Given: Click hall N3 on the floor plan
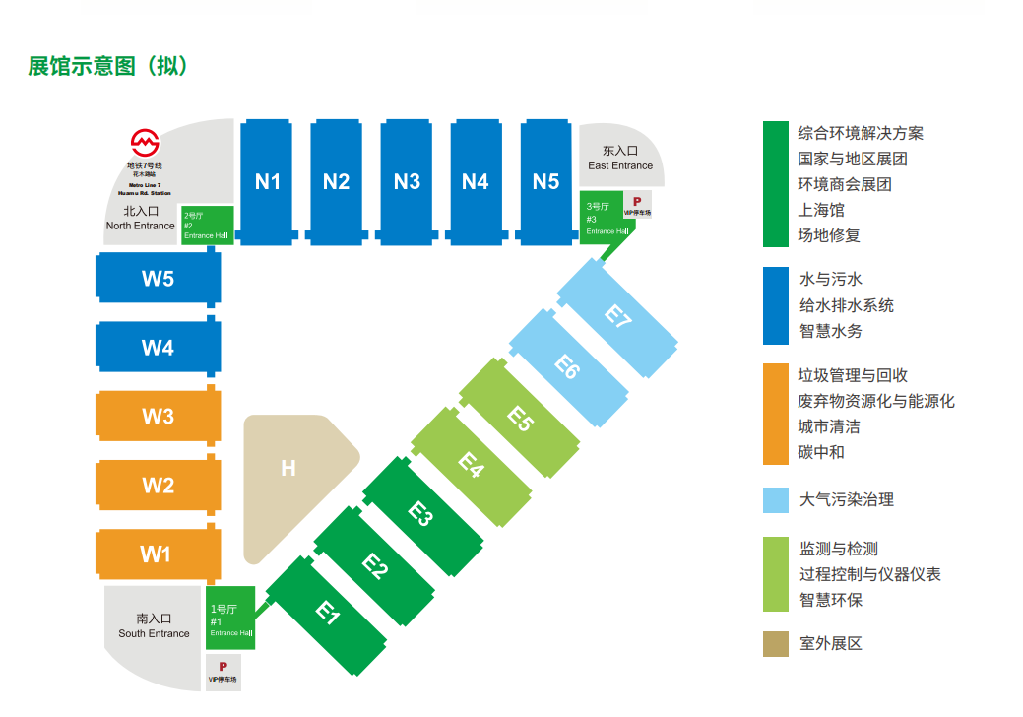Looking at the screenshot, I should (407, 182).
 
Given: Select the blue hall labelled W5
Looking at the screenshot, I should (158, 278).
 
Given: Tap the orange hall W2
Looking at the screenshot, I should (158, 485).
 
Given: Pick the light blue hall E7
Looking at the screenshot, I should (617, 317).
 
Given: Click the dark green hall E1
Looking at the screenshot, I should (328, 614).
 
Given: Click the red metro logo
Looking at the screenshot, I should (145, 142).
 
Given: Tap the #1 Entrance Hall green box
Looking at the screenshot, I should (230, 618).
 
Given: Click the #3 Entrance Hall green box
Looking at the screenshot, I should (600, 218).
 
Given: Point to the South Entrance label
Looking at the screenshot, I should (154, 626).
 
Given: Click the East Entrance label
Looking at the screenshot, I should (620, 159).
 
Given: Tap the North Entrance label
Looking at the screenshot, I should (141, 219).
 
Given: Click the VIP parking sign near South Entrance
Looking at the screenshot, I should (223, 672).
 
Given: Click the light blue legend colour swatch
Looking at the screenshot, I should (776, 499).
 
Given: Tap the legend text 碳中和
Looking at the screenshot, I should (821, 452).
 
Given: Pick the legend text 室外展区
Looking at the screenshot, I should (830, 643).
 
